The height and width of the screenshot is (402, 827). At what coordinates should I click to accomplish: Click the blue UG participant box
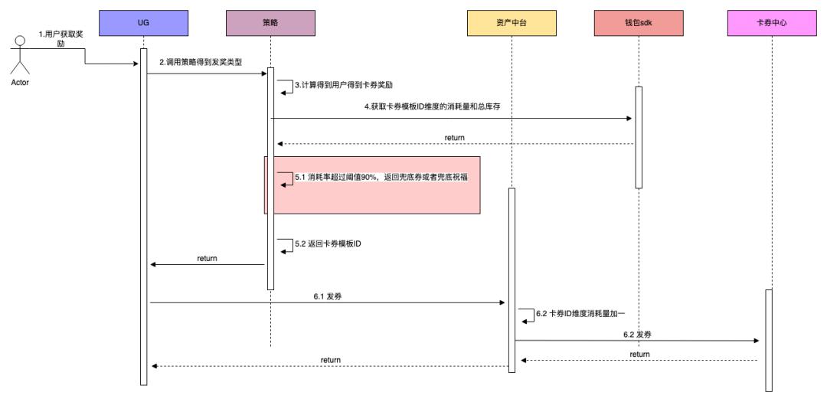tap(143, 23)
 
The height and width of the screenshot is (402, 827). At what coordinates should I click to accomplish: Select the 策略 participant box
tap(270, 23)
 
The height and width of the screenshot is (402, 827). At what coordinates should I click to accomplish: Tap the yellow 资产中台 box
tap(512, 23)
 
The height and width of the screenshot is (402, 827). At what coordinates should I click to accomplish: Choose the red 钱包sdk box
tap(637, 23)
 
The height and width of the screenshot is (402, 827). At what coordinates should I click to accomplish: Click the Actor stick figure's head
tap(20, 42)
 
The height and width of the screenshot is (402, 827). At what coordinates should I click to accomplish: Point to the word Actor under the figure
tap(20, 83)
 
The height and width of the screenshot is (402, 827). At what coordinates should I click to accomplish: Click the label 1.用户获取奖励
tap(63, 39)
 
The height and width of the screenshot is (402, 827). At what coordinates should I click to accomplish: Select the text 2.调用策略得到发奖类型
tap(200, 61)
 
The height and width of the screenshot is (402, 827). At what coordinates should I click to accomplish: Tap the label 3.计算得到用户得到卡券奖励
tap(344, 85)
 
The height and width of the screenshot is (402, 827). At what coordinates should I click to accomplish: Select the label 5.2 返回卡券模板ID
tap(328, 244)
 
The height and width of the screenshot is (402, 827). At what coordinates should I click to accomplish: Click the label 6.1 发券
tap(328, 296)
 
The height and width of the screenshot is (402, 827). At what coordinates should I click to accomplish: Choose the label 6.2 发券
tap(637, 335)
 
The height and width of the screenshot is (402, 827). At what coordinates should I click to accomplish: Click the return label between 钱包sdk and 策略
tap(454, 138)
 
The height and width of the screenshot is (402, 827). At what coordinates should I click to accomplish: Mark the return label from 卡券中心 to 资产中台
tap(639, 355)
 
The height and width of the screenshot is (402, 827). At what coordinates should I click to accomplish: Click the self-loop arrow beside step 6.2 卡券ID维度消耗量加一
tap(527, 315)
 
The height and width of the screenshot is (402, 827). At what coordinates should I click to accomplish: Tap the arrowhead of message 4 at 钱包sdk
tap(629, 118)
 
